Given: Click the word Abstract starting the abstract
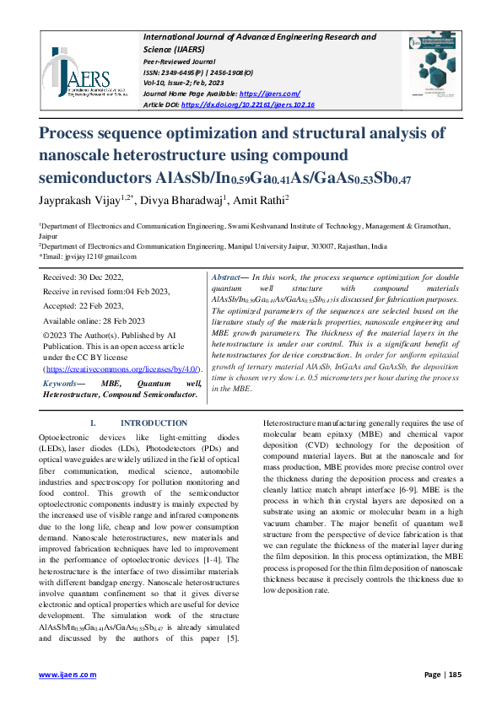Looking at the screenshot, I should [x=225, y=277].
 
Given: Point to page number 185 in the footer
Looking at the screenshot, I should [x=455, y=675].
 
